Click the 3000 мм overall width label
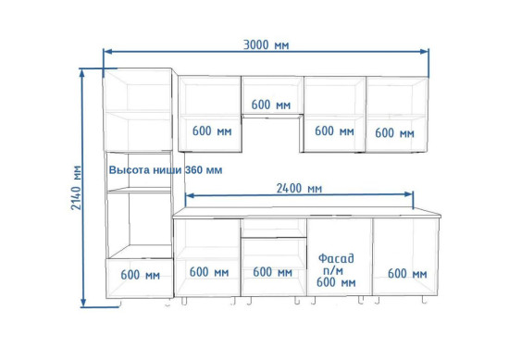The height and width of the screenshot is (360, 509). click(x=266, y=44)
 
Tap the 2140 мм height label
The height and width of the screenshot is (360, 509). click(x=77, y=188)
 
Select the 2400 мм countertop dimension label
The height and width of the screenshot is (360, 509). click(x=299, y=188)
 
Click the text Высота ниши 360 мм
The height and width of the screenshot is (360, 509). click(x=166, y=169)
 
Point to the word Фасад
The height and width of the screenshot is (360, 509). click(x=336, y=258)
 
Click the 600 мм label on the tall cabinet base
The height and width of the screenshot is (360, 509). click(x=141, y=275)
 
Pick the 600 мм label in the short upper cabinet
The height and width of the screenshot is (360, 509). click(x=271, y=105)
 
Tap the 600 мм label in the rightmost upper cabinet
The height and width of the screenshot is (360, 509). click(x=395, y=132)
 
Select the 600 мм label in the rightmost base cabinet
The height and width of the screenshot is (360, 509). click(x=407, y=274)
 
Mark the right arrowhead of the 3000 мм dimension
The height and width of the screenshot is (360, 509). click(x=425, y=52)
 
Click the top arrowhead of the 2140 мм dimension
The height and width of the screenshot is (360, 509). click(x=82, y=73)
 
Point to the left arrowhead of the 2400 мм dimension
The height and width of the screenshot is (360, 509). click(x=189, y=195)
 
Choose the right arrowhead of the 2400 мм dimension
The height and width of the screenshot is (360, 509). click(x=409, y=194)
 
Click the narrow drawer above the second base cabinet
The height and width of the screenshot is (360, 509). click(x=274, y=228)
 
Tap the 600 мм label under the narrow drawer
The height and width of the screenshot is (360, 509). click(x=273, y=272)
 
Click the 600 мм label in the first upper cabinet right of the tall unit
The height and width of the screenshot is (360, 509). click(x=212, y=130)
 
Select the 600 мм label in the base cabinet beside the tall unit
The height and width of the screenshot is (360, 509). click(x=209, y=272)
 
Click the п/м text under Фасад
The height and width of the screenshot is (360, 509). click(x=333, y=270)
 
